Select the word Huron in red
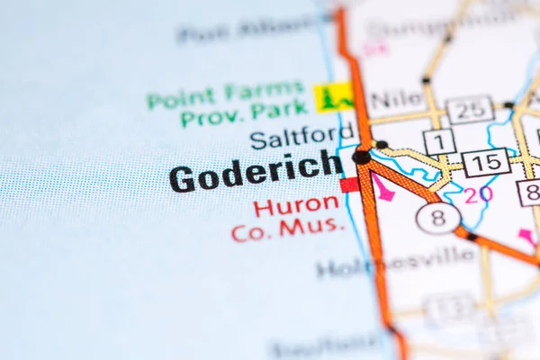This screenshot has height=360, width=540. point(296,205)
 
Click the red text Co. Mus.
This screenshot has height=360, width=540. point(287,229)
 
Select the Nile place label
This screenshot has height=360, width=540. point(397,98)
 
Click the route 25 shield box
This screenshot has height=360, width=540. point(470,110)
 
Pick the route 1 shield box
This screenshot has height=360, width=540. point(438,141)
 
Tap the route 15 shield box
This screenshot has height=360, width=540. point(486,163)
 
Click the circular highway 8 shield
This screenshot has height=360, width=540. point(438,218)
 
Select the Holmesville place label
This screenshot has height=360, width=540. point(395,262)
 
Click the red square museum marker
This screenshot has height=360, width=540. point(349,184)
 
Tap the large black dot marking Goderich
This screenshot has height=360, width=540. point(361,157)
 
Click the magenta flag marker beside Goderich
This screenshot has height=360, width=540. point(383,188)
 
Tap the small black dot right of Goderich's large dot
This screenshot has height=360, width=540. point(382,145)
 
